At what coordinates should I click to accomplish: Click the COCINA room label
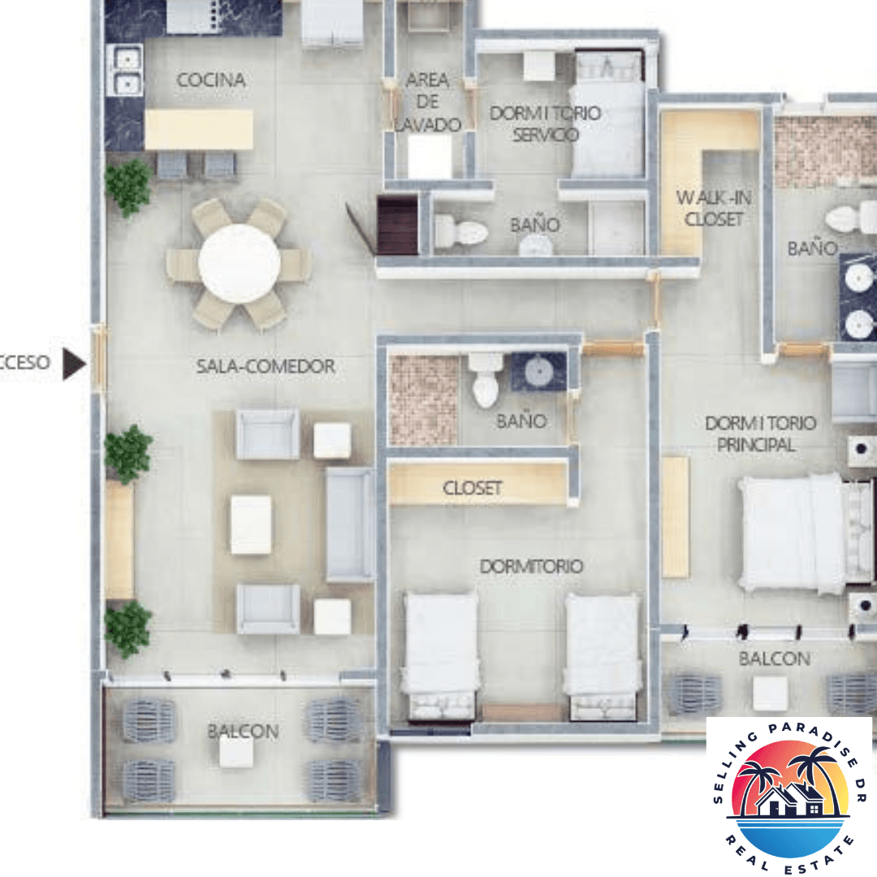(211, 80)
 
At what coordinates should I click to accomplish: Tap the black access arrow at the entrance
(74, 364)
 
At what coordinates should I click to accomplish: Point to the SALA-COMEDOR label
(266, 366)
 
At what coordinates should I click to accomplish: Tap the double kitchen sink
(126, 71)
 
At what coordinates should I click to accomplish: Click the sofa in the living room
(350, 524)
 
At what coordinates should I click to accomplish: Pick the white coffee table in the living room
(251, 525)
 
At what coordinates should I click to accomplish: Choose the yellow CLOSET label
(473, 488)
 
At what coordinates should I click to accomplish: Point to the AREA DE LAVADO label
(428, 102)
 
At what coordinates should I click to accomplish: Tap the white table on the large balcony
(235, 751)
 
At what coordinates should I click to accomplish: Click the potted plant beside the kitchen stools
(128, 186)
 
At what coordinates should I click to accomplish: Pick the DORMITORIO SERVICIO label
(545, 123)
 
